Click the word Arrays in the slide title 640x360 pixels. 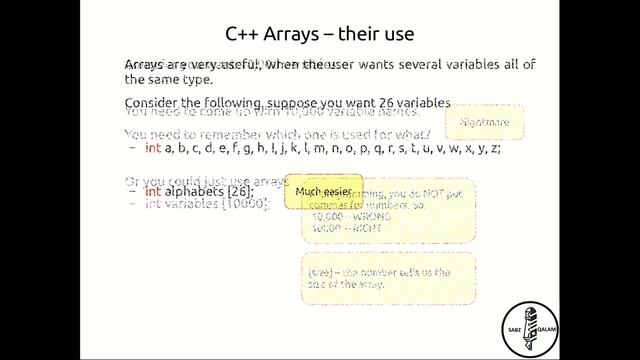[301, 35]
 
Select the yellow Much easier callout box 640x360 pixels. [324, 190]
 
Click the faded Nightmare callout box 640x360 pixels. [484, 123]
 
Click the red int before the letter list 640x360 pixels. [153, 148]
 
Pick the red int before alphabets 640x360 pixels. [153, 191]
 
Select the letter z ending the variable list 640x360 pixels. [495, 148]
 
